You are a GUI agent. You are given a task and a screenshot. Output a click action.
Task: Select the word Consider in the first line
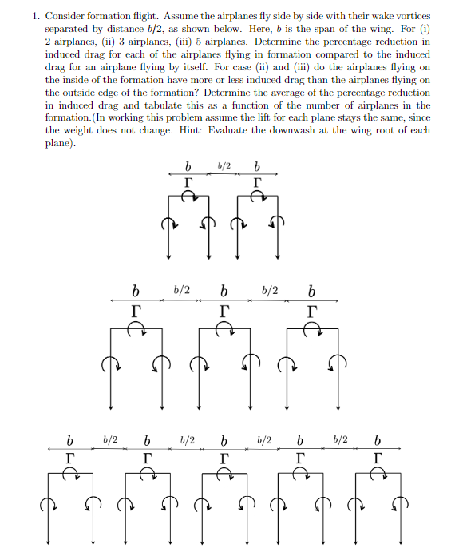(x=67, y=16)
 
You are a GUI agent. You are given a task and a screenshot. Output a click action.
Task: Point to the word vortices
(x=410, y=16)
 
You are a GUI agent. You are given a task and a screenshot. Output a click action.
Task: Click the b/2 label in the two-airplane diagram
(x=224, y=165)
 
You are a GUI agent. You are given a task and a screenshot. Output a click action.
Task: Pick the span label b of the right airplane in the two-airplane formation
(x=256, y=168)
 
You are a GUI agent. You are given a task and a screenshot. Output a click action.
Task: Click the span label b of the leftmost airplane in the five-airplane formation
(x=70, y=441)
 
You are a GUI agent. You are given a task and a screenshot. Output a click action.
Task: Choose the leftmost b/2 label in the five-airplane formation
(x=110, y=439)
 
